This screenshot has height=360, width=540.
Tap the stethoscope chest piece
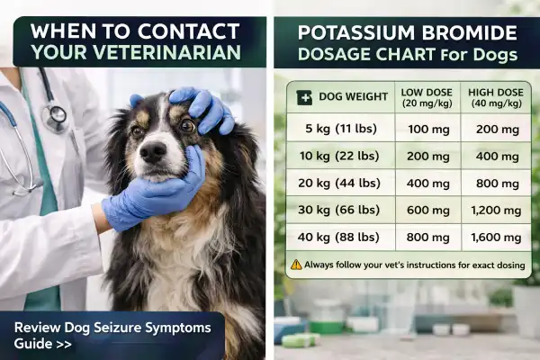57,114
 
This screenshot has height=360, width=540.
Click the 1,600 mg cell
496,238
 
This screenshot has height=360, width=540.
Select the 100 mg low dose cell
426,128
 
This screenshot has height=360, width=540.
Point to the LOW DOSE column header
426,96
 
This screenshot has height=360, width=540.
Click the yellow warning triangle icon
296,265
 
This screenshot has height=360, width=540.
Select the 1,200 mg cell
496,210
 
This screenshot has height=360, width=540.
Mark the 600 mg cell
426,210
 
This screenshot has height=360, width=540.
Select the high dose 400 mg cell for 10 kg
496,156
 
